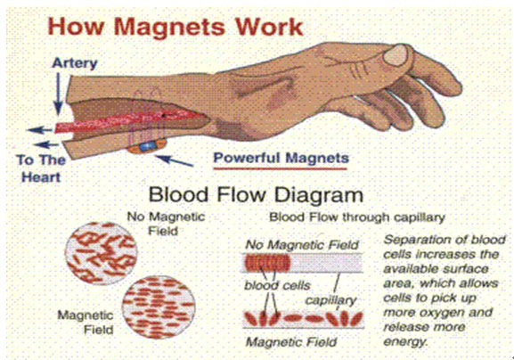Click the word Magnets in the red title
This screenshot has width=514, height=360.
(x=170, y=28)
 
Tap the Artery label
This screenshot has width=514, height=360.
(x=75, y=63)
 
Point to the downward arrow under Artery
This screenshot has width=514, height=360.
(x=59, y=93)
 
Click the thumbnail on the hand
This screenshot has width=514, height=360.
(x=396, y=54)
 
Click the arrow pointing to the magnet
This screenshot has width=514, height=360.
(x=174, y=160)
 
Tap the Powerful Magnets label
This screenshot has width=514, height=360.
(x=281, y=159)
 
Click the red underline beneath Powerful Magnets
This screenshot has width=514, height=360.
(x=280, y=169)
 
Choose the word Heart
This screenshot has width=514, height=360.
(x=41, y=177)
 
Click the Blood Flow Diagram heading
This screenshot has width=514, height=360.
(x=256, y=195)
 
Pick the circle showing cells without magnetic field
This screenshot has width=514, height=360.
(x=101, y=253)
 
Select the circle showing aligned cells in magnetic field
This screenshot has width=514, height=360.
(x=159, y=307)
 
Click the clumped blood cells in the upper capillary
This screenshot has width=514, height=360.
(x=267, y=263)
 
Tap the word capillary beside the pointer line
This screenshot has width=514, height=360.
(x=330, y=301)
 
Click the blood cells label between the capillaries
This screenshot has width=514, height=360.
(x=277, y=285)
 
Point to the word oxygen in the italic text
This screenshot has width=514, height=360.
(x=441, y=313)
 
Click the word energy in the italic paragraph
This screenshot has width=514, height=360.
(x=405, y=341)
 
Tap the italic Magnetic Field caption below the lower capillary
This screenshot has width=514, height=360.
(x=291, y=342)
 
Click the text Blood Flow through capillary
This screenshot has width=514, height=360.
(x=356, y=217)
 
